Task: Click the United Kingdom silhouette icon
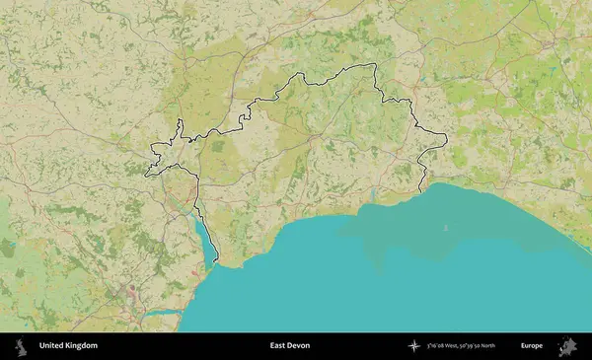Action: tap(20, 346)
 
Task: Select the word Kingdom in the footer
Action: tap(82, 346)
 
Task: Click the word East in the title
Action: tap(279, 346)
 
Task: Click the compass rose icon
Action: tap(414, 346)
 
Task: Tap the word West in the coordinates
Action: tap(461, 346)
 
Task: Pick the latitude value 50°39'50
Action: tap(484, 346)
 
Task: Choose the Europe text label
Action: tap(532, 346)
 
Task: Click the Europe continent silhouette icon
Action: tap(567, 346)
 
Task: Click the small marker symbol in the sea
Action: tap(445, 228)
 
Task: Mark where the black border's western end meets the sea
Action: tap(216, 263)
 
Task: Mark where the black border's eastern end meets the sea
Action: tap(421, 190)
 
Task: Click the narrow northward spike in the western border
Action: tap(181, 124)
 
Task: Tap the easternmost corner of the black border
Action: tap(447, 138)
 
